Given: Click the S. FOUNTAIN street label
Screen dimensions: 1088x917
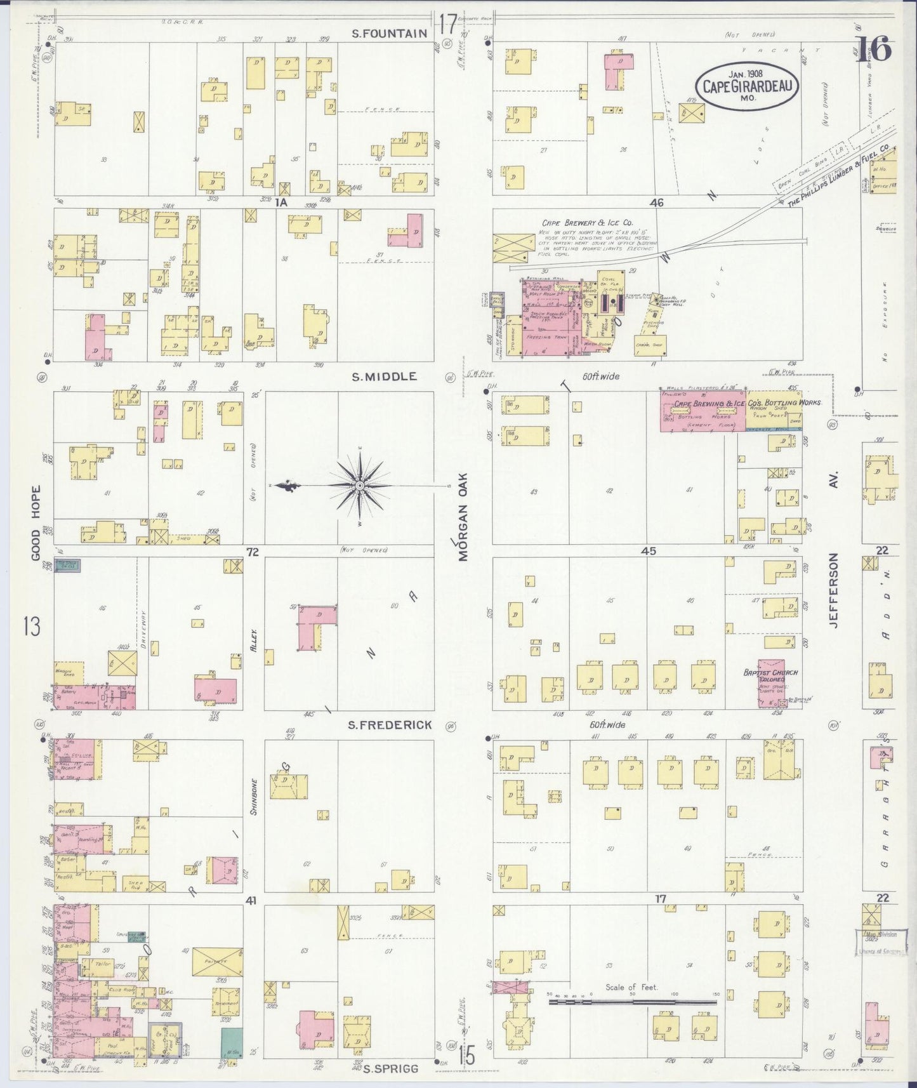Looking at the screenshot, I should [x=390, y=33].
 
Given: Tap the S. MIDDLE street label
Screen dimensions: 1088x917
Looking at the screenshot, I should [x=385, y=376].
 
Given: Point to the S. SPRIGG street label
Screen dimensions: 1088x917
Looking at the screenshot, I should [x=391, y=1069].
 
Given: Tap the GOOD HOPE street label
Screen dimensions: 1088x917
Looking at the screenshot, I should [x=36, y=523].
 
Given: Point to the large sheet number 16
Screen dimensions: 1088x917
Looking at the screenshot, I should [x=873, y=49].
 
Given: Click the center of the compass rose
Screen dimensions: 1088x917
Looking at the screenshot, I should [x=360, y=486].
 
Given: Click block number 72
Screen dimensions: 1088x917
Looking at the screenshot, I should [x=253, y=553].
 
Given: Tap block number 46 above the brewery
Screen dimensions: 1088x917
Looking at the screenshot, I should [x=656, y=203].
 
